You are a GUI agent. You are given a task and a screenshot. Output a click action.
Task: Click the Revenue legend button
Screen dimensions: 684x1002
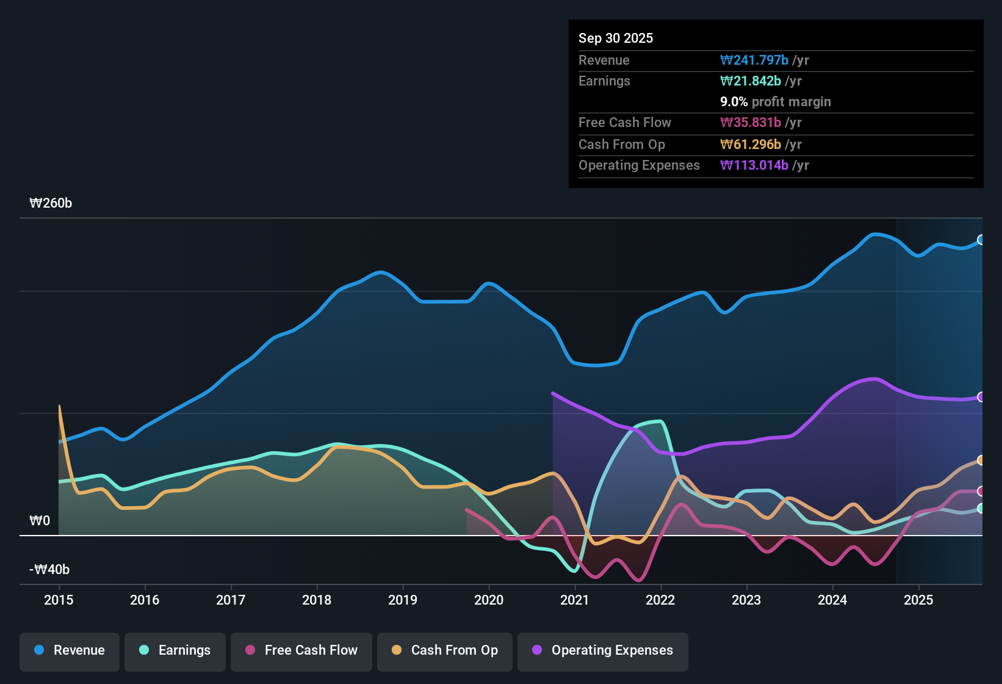point(70,650)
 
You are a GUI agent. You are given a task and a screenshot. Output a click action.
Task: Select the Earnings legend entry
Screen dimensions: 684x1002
point(175,650)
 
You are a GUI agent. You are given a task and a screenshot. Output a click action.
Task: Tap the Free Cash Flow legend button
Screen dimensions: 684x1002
point(301,650)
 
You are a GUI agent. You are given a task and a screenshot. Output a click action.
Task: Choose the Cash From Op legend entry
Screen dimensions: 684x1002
point(445,650)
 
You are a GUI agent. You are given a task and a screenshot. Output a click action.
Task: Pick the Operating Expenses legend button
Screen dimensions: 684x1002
point(603,650)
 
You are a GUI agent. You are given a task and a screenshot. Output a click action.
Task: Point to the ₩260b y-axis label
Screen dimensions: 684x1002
point(51,203)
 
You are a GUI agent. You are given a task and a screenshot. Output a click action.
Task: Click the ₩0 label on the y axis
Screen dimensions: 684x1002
point(40,521)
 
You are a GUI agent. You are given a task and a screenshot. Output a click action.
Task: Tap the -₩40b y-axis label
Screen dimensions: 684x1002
point(49,570)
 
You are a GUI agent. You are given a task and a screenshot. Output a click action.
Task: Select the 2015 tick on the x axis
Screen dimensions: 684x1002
point(59,600)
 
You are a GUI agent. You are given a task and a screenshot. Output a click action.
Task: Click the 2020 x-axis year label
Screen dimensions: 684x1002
point(489,600)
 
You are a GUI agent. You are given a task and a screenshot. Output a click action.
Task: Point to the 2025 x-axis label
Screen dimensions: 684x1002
point(918,600)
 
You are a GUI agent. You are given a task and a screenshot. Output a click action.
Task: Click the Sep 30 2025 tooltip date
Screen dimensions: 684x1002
point(615,38)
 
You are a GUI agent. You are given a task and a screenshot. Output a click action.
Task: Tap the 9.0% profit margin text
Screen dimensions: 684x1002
point(775,102)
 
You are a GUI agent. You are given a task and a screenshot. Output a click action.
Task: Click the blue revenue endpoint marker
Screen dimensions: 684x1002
point(981,240)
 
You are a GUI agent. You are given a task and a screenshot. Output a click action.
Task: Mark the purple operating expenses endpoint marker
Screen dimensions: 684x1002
point(981,397)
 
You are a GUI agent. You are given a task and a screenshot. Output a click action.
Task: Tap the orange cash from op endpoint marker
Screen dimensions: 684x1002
point(981,460)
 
